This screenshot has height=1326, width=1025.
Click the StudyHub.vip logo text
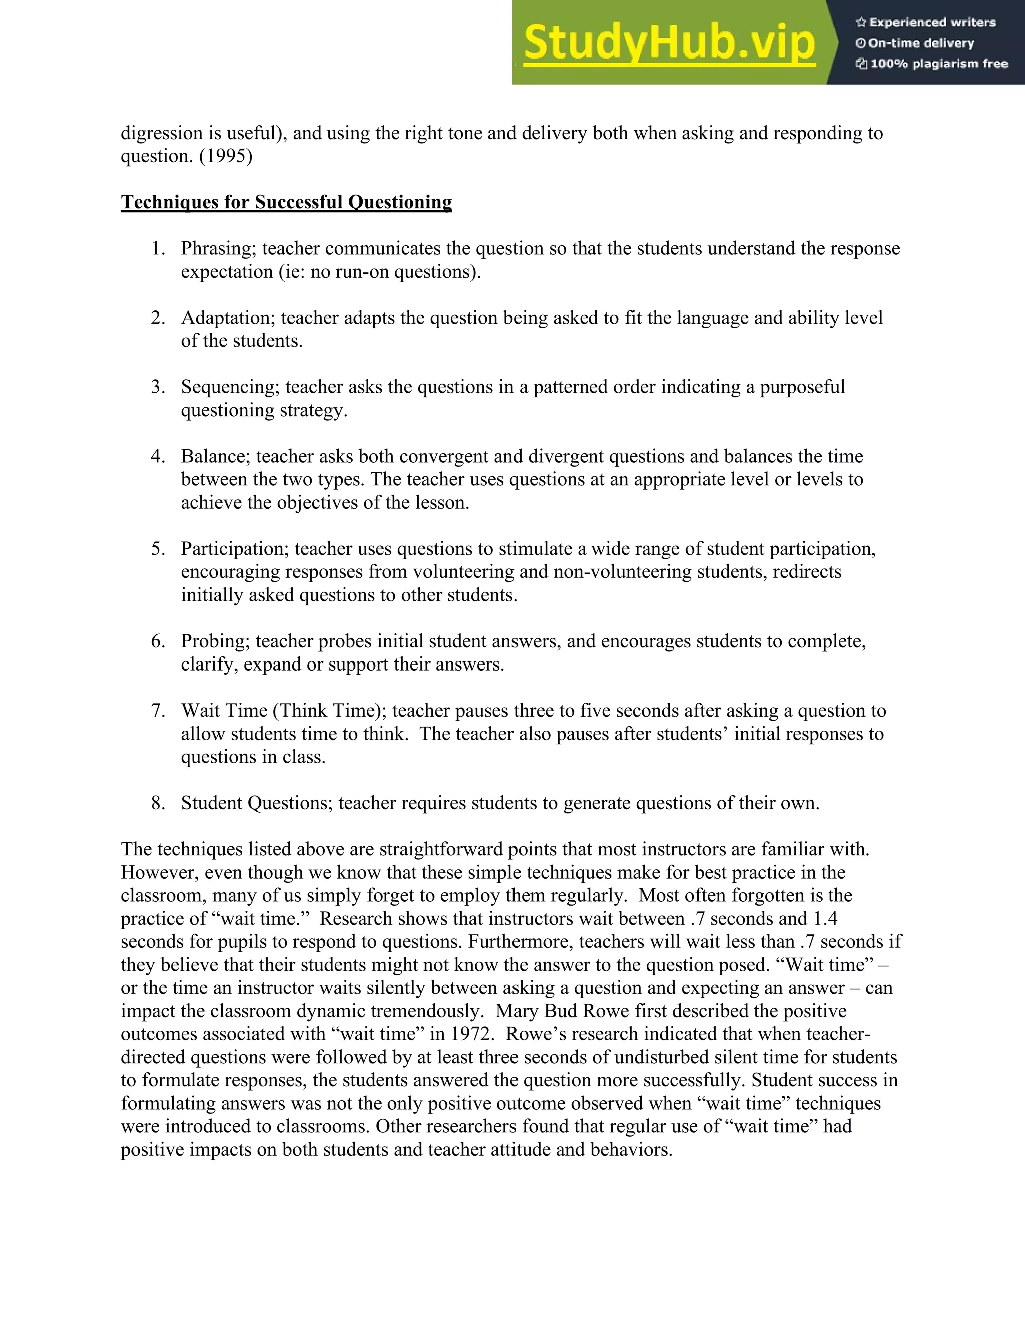tap(669, 43)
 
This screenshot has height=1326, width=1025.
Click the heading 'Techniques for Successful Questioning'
tap(286, 202)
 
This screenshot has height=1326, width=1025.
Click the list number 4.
tap(157, 456)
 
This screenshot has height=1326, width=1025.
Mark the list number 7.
tap(157, 711)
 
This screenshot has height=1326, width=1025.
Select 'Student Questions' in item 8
tap(256, 803)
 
